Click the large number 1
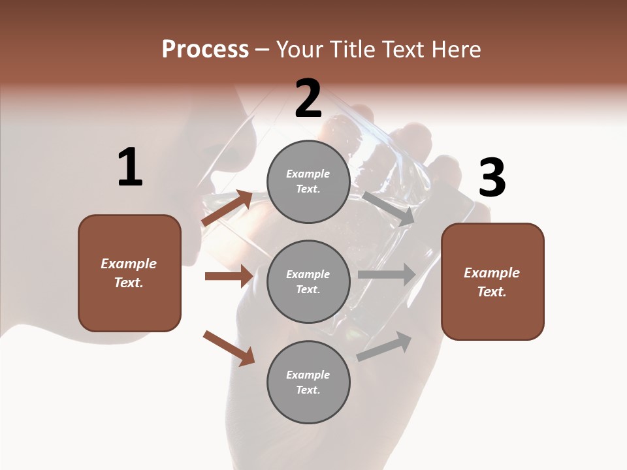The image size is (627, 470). (x=130, y=168)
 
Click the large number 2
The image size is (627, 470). (x=308, y=99)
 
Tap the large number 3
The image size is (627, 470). (x=492, y=178)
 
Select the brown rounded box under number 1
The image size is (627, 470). (x=129, y=273)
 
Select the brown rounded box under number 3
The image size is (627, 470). (x=492, y=281)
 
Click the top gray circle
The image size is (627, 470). (x=308, y=181)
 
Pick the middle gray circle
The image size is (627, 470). (x=308, y=281)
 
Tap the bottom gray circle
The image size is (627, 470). (x=308, y=382)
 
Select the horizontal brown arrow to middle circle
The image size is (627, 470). (x=229, y=276)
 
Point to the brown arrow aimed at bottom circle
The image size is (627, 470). (x=229, y=348)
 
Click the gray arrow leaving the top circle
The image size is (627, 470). (x=389, y=208)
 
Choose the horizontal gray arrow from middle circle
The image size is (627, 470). (x=387, y=274)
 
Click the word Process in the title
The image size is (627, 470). (x=205, y=49)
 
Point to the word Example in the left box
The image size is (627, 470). (x=129, y=264)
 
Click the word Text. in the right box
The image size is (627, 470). (x=492, y=292)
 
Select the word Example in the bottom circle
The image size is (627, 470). (x=308, y=375)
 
